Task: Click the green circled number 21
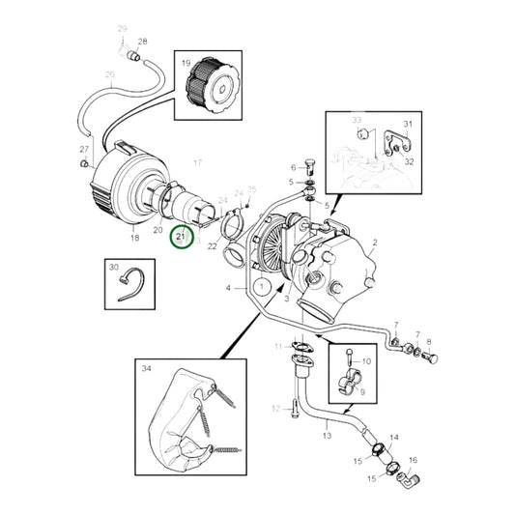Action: click(x=182, y=236)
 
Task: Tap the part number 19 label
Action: click(x=184, y=65)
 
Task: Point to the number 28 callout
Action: click(x=143, y=42)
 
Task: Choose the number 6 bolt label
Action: click(x=294, y=167)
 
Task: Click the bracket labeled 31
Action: click(x=390, y=145)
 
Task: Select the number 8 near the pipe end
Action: click(x=429, y=341)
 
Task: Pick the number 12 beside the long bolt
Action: click(x=275, y=410)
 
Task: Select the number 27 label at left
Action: click(x=84, y=149)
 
